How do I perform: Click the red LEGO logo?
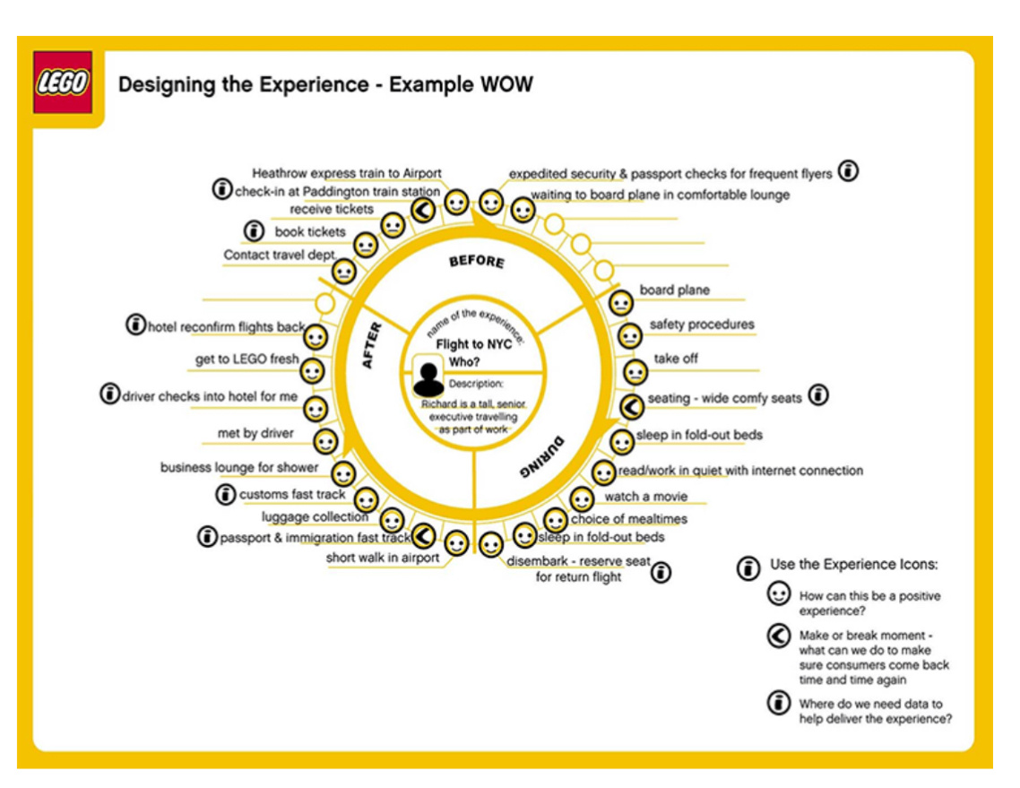(63, 82)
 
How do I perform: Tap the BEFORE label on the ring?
(476, 261)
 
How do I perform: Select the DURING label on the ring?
(543, 456)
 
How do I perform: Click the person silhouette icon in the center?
(428, 376)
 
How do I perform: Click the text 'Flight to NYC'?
(472, 344)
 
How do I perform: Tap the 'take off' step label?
(676, 359)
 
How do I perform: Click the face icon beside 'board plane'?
(620, 302)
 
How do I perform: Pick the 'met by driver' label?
(255, 434)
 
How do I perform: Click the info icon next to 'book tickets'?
(255, 231)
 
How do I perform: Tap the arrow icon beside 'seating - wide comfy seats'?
(633, 406)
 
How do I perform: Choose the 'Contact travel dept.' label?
(280, 255)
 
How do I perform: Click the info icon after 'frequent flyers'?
(848, 171)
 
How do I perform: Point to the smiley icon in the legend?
(778, 593)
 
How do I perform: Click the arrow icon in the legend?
(778, 636)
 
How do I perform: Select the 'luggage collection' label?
(315, 517)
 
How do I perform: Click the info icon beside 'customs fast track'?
(226, 494)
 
